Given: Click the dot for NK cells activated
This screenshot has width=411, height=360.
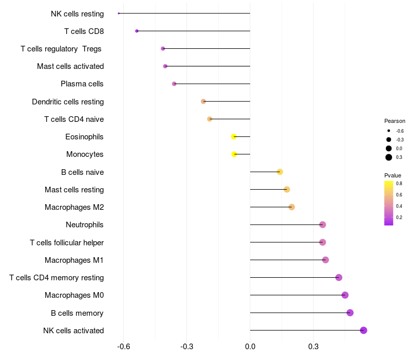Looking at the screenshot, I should tap(364, 330).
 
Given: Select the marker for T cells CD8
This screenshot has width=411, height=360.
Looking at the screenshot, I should tap(137, 31).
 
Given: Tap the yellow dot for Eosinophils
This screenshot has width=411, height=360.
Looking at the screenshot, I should tap(234, 137).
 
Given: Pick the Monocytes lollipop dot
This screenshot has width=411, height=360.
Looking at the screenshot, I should tap(234, 154).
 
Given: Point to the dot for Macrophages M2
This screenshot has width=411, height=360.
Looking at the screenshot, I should tap(292, 207).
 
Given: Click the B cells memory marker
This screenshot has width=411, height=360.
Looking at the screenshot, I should tap(350, 313).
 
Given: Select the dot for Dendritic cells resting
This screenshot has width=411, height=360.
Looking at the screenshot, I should tap(203, 101).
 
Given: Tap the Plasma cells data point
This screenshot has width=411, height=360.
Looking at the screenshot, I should tap(174, 84).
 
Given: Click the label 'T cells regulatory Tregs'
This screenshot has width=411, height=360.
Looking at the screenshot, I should tap(62, 49).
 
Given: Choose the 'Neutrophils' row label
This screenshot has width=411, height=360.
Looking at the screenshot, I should tap(85, 225).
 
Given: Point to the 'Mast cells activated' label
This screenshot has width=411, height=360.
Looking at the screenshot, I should tap(70, 66).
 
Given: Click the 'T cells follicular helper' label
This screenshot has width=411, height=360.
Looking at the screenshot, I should tap(67, 242).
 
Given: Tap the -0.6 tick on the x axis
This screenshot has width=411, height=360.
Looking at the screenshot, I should tap(124, 347).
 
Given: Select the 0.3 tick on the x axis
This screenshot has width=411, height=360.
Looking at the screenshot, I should tap(313, 347).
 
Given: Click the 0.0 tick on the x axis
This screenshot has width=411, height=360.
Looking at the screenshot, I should tap(250, 347).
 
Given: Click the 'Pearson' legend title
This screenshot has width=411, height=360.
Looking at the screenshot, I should tap(395, 121).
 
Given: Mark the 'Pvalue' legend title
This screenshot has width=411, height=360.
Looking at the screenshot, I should tap(393, 175).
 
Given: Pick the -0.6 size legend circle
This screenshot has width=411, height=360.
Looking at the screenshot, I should tap(389, 131).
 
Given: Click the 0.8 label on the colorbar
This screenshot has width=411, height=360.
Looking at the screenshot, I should tap(399, 183).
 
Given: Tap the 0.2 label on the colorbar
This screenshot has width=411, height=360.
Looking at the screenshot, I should tap(399, 217).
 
